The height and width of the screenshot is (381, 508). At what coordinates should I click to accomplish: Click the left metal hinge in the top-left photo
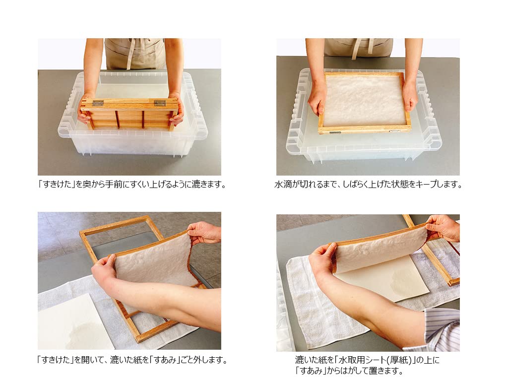99,103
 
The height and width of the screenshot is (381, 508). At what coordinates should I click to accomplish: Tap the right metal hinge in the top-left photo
159,103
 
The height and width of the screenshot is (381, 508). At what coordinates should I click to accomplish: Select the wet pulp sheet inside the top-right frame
365,100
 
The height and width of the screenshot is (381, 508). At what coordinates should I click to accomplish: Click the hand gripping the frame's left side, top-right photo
317,97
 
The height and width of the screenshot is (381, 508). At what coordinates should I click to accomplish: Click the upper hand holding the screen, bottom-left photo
203,232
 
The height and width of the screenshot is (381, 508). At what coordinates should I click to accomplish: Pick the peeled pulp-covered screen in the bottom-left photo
154,263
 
